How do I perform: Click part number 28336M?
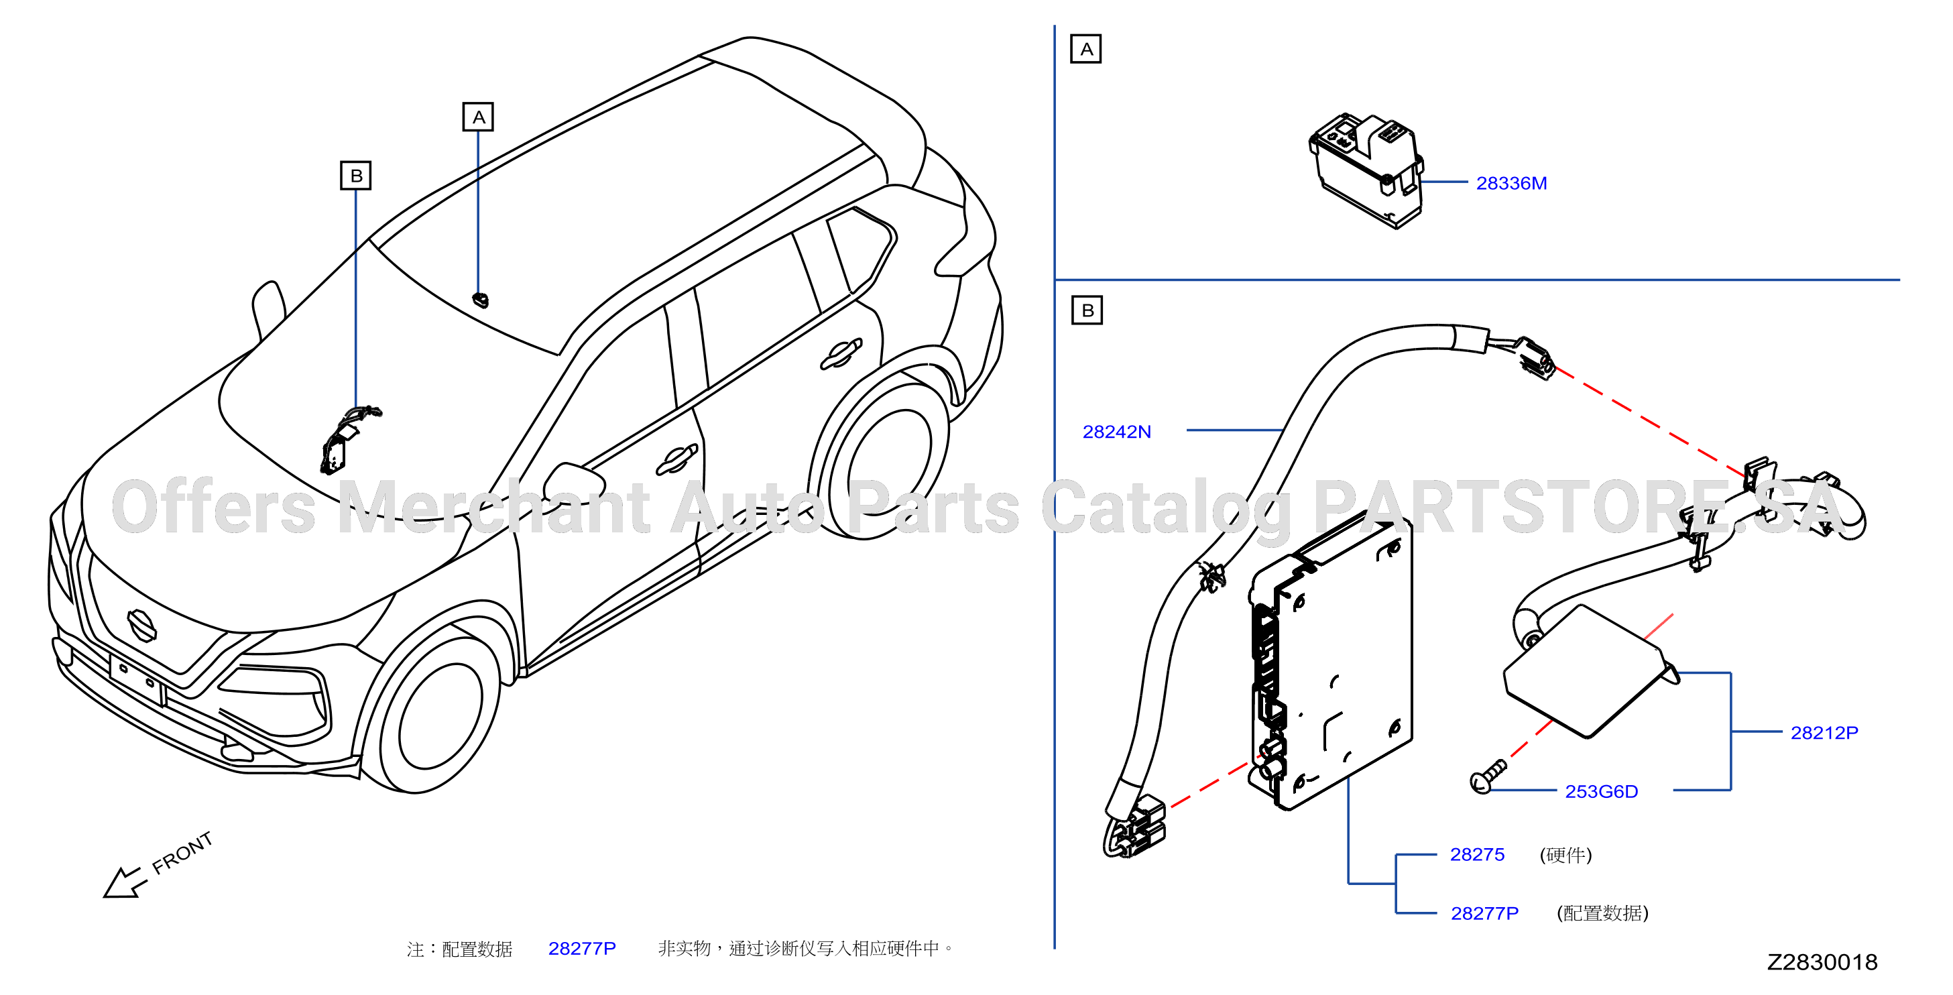coord(1511,183)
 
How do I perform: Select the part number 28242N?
coord(1117,432)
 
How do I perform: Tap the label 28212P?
coord(1824,733)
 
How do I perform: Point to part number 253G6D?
coord(1601,791)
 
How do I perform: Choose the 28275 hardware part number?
coord(1477,854)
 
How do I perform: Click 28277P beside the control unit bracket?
coord(1484,913)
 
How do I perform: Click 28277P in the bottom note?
coord(581,948)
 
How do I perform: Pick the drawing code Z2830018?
coord(1822,961)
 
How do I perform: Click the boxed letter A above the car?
coord(479,117)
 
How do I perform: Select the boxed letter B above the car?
coord(355,175)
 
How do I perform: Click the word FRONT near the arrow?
coord(182,852)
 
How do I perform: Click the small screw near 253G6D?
coord(1488,776)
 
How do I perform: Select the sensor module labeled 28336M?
coord(1366,170)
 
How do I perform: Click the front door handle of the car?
coord(676,459)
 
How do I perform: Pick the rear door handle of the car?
coord(841,353)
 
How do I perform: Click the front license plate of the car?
coord(137,678)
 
